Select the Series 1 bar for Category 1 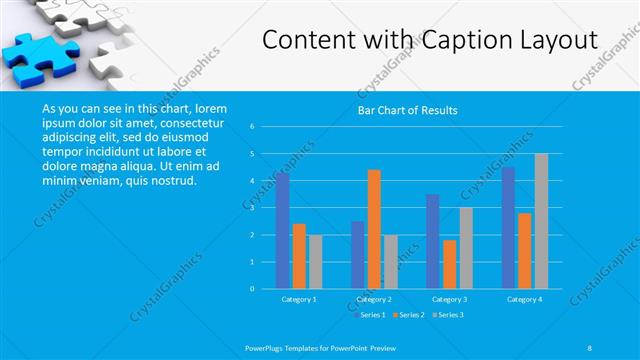pos(283,231)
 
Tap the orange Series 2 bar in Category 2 pos(374,229)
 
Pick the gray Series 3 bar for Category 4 pos(541,221)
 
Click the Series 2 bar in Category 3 pos(449,264)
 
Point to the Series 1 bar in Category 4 pos(509,228)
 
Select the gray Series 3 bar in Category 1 pos(315,262)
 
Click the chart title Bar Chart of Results pos(408,111)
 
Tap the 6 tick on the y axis pos(253,127)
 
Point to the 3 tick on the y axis pos(253,208)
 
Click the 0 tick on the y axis pos(253,289)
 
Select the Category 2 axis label pos(374,299)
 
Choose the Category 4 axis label pos(524,299)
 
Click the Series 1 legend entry pos(372,315)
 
